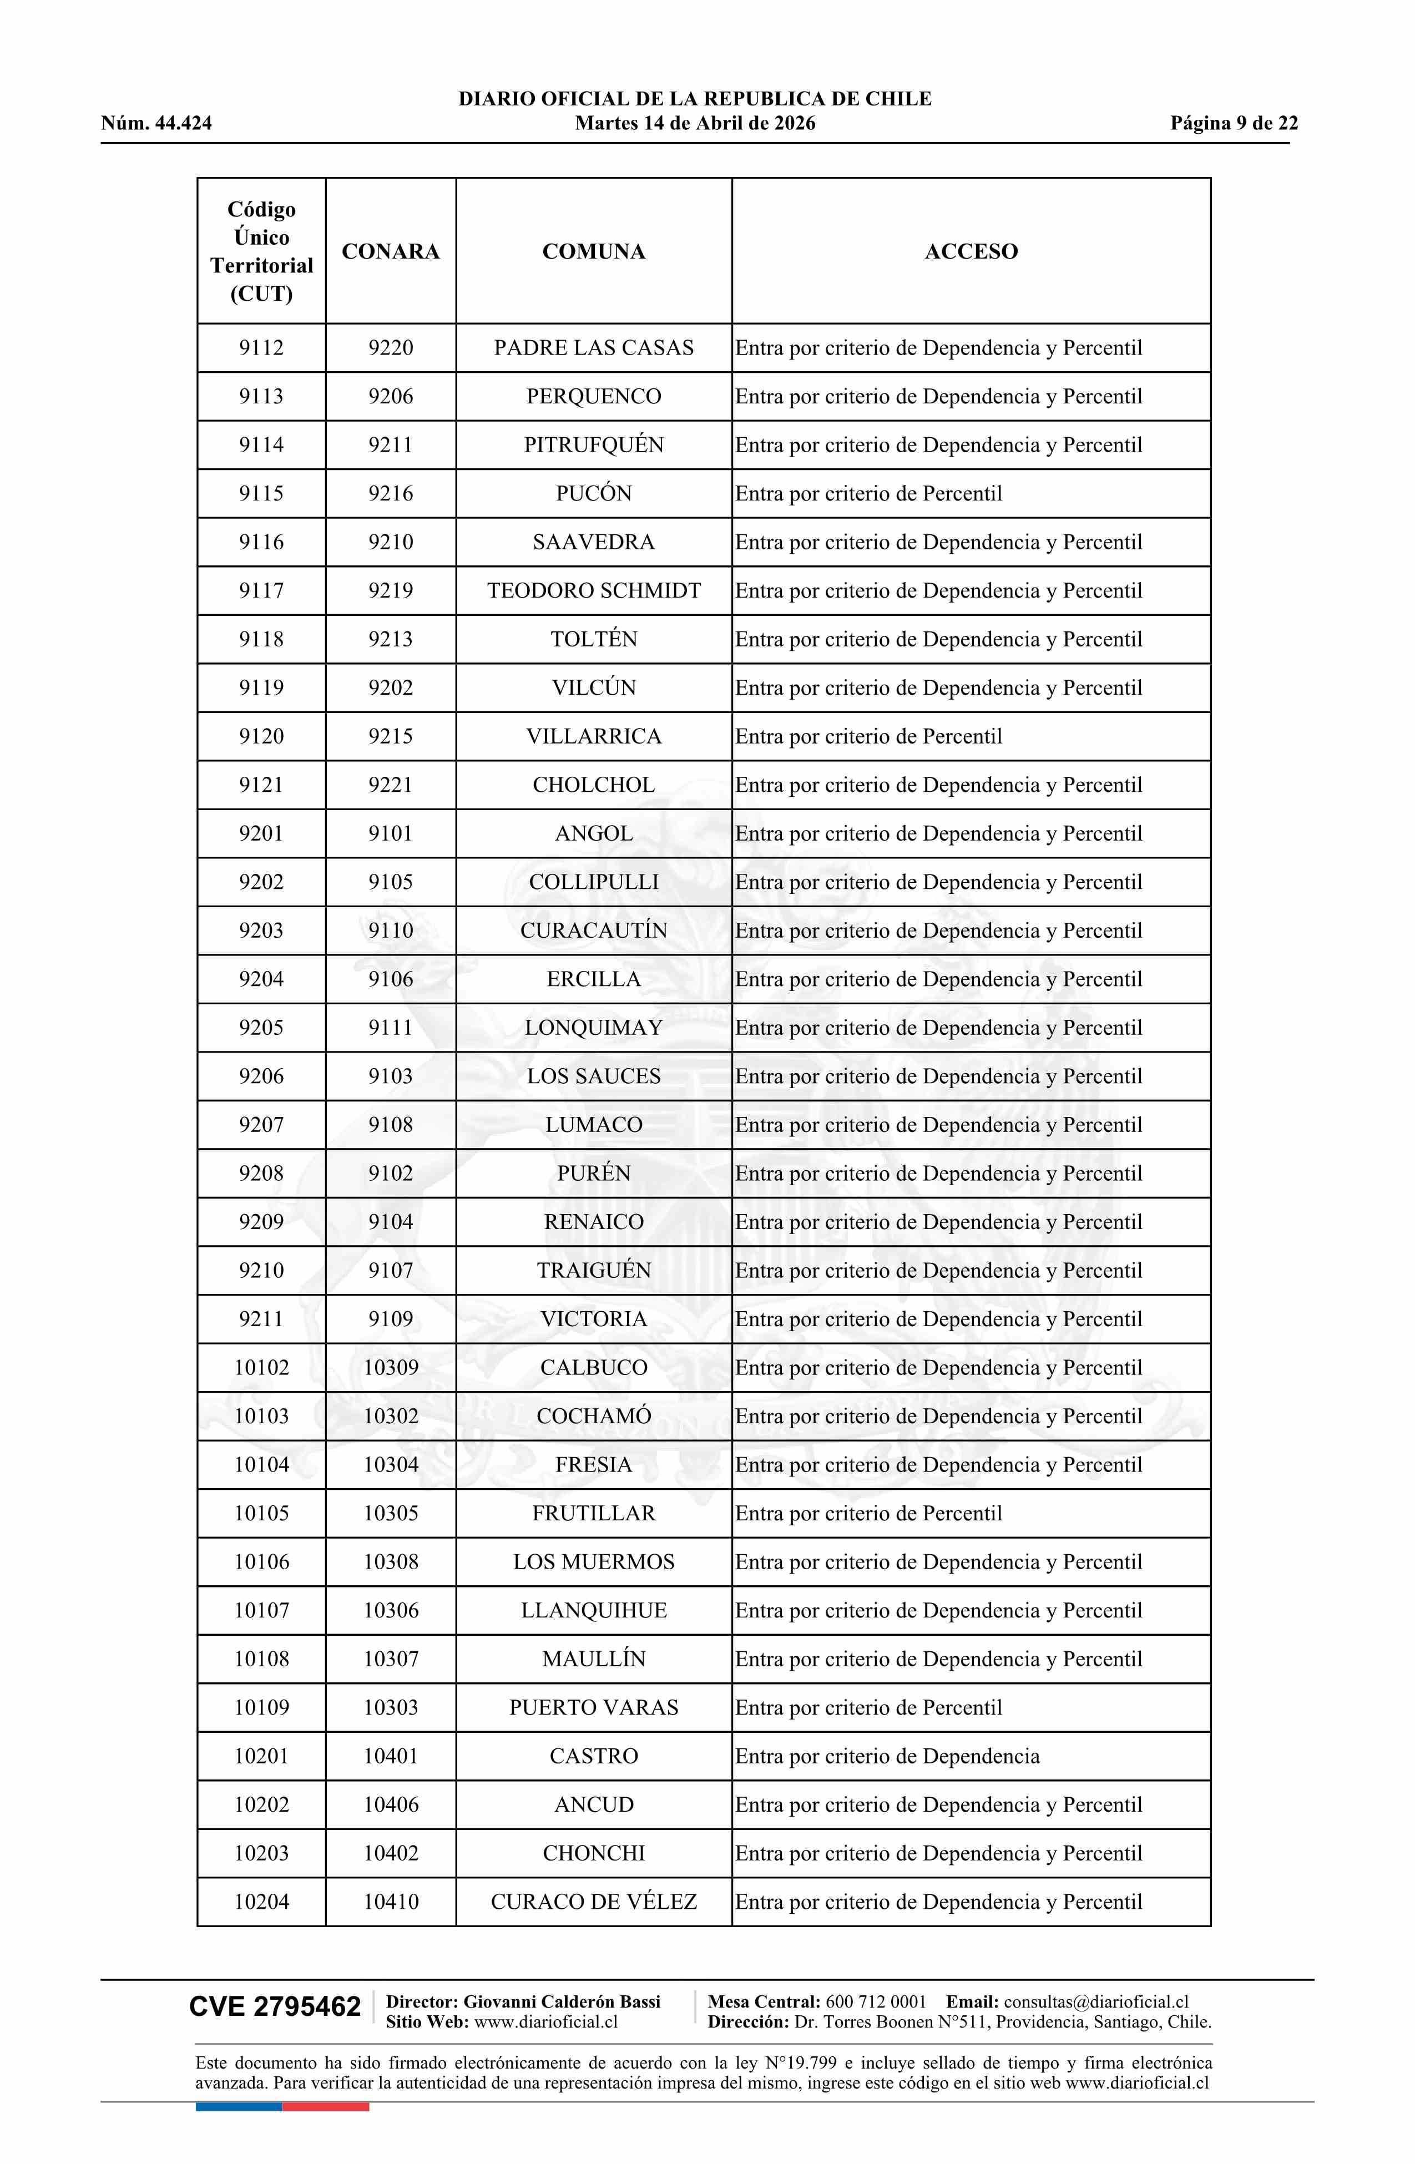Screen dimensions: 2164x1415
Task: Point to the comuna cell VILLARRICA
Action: click(593, 736)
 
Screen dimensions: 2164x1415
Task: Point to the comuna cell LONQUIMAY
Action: click(593, 1028)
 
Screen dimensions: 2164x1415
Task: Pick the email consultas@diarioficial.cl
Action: click(1096, 2001)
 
